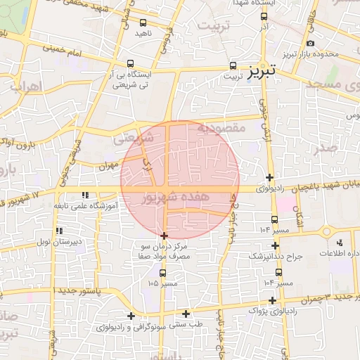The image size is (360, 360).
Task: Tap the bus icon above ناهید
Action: [144, 22]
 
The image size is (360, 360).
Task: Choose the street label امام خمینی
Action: [63, 49]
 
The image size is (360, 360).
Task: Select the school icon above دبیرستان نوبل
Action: [60, 231]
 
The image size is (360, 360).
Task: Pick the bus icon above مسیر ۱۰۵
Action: [163, 273]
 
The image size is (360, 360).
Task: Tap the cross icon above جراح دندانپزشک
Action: [274, 246]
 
